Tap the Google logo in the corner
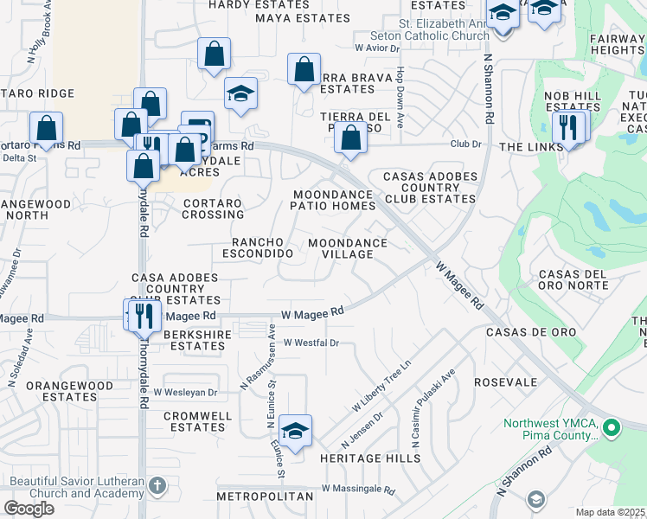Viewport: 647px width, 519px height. click(29, 509)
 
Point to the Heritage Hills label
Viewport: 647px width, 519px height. click(357, 458)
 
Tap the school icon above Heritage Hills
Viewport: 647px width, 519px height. click(295, 431)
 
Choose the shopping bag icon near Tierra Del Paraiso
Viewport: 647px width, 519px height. click(350, 138)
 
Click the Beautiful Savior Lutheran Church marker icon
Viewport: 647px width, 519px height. click(157, 485)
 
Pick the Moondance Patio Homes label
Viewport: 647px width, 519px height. click(334, 201)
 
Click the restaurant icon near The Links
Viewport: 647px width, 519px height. click(567, 127)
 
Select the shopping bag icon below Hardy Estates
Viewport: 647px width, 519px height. click(214, 54)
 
